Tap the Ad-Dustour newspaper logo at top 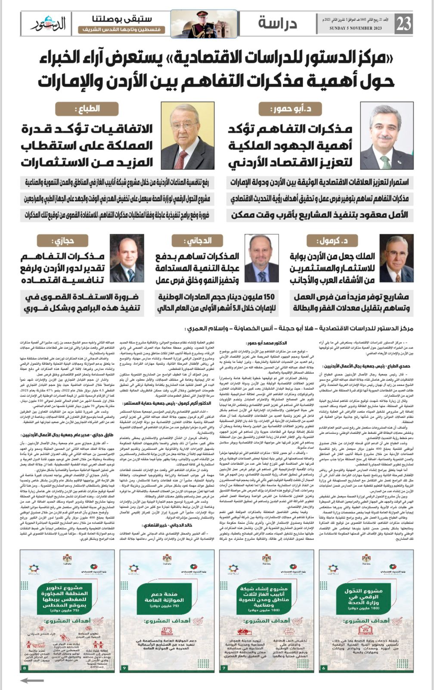[48, 24]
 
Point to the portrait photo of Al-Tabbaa [187, 135]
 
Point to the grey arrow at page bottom [32, 681]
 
